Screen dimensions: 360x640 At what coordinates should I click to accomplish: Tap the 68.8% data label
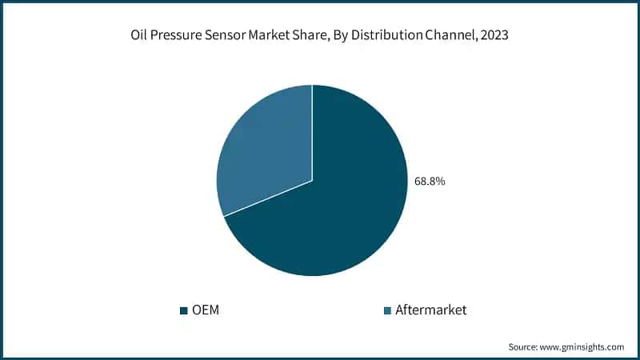(430, 182)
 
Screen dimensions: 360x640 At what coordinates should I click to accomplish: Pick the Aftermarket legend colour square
(388, 310)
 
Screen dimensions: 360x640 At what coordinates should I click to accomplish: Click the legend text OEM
(206, 310)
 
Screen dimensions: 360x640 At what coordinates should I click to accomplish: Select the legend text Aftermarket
(430, 310)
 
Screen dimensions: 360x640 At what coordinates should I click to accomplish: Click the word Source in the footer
(524, 347)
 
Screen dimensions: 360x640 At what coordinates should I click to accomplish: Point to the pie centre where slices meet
(312, 181)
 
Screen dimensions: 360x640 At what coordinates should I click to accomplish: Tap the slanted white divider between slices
(268, 198)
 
